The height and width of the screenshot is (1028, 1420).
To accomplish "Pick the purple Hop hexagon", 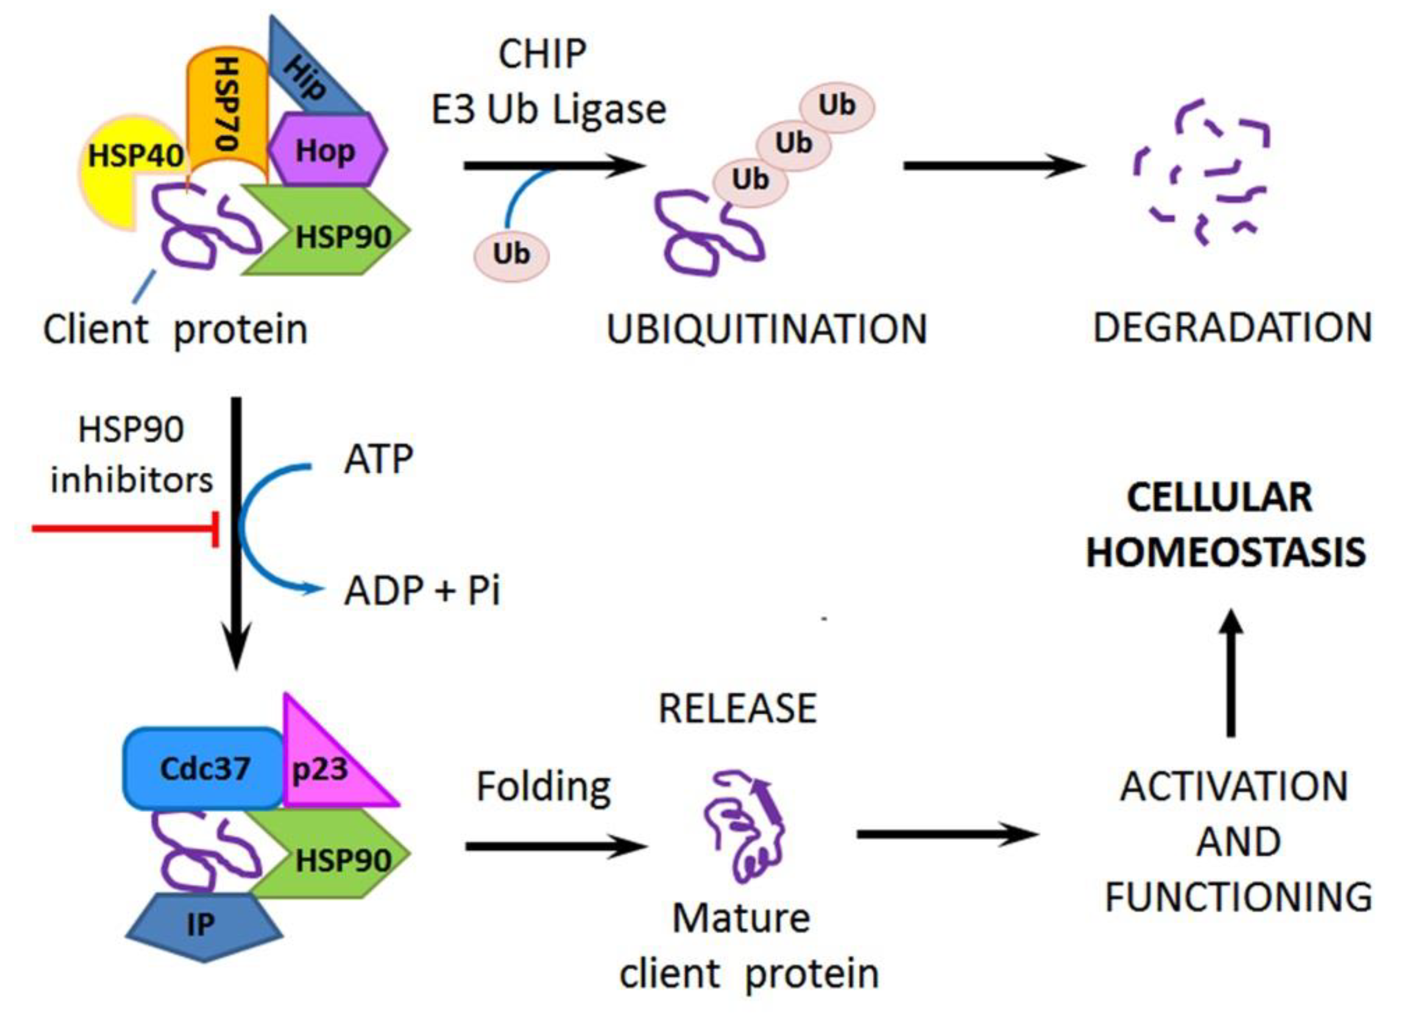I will tap(327, 150).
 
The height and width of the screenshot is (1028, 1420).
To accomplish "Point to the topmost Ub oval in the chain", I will tap(837, 105).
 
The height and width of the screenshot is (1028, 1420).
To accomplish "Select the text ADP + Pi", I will tap(422, 590).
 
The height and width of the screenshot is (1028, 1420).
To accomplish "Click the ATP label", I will tap(378, 459).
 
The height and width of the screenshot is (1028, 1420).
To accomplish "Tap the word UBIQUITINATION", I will tap(766, 329).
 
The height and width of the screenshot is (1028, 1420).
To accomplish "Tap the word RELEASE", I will tap(738, 709).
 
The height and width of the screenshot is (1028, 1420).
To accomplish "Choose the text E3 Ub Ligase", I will tap(548, 110).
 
